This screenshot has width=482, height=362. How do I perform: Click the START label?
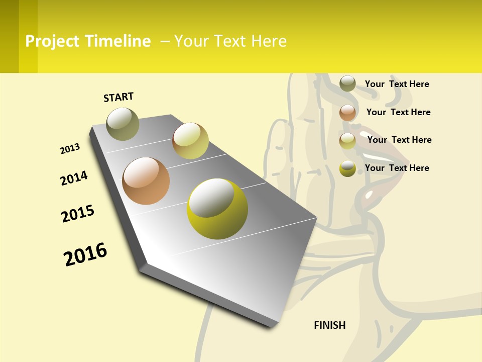pos(118,97)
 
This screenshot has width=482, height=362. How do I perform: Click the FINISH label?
pos(330,325)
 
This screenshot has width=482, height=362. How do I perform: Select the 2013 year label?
pos(70,149)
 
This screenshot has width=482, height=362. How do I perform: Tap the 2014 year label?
pos(74,178)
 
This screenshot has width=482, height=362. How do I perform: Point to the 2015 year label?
pos(78,214)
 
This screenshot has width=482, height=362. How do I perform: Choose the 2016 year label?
pos(85,254)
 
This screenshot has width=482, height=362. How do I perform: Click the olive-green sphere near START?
pos(123,124)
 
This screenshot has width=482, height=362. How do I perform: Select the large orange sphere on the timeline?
pos(146,181)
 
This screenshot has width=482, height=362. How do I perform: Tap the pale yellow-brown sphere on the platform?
pos(190,141)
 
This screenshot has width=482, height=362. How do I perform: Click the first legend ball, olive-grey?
pos(347,83)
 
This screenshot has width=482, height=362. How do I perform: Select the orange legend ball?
pos(347,112)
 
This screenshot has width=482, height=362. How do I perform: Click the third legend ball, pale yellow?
pos(347,140)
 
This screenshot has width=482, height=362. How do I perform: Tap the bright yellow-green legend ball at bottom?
pos(347,168)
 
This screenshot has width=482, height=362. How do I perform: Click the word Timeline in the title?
pos(117,41)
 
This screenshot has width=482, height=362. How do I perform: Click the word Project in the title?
pos(53,41)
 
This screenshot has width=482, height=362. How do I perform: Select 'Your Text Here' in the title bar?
pos(230,41)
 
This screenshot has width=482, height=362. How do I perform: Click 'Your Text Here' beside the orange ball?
pos(398,112)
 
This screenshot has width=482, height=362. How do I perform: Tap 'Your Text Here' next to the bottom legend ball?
pos(397,168)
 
